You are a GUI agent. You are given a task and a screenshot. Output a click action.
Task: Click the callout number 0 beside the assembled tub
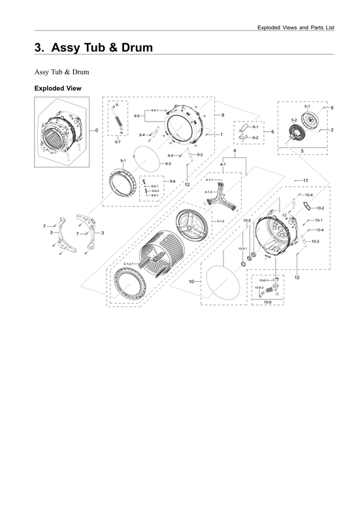pyautogui.click(x=97, y=131)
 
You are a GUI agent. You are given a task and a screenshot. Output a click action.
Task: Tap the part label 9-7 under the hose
pyautogui.click(x=117, y=142)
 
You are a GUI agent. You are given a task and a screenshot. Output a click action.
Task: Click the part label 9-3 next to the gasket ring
pyautogui.click(x=168, y=163)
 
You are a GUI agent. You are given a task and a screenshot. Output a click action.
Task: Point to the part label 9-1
pyautogui.click(x=123, y=160)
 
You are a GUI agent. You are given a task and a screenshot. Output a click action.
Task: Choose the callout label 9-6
pyautogui.click(x=172, y=181)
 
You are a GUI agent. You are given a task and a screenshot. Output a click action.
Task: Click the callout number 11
pyautogui.click(x=305, y=180)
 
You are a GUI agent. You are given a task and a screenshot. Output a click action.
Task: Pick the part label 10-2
pyautogui.click(x=320, y=208)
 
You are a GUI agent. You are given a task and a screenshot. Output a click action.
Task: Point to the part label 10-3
pyautogui.click(x=316, y=242)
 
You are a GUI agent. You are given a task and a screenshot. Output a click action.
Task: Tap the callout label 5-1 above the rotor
pyautogui.click(x=307, y=106)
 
